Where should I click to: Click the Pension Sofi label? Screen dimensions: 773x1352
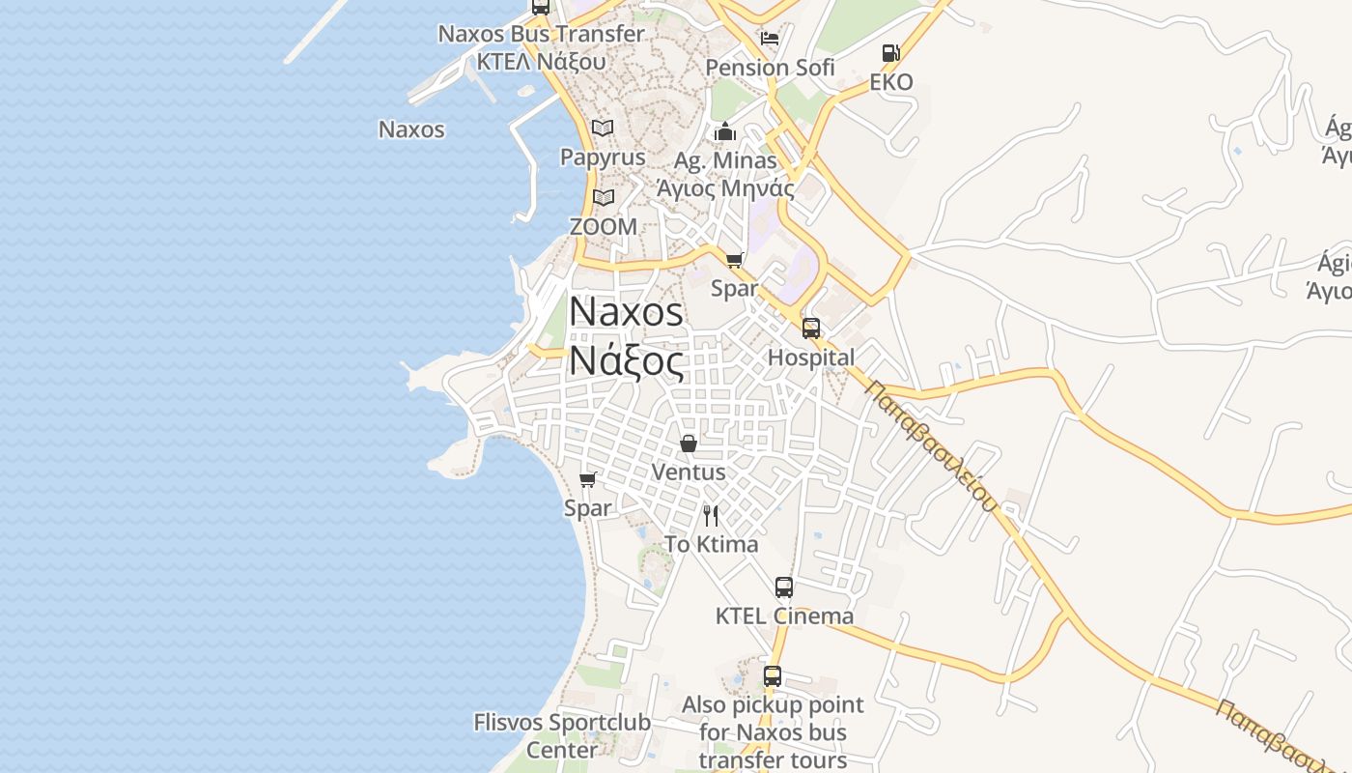[x=770, y=68]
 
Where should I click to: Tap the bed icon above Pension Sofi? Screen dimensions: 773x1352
[x=770, y=39]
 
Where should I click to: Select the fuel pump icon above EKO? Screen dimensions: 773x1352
[x=890, y=53]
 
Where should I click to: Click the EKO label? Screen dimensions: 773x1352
[x=890, y=82]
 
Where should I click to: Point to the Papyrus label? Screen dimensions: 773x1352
[x=603, y=157]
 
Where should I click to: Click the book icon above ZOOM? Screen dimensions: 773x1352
[x=604, y=197]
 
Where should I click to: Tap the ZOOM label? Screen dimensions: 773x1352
[x=604, y=227]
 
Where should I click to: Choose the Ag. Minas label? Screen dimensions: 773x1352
[x=725, y=160]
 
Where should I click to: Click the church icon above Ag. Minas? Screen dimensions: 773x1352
[x=725, y=131]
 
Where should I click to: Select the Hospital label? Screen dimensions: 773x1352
[x=811, y=358]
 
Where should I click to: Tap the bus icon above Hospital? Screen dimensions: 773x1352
[x=811, y=328]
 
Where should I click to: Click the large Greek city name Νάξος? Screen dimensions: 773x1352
[x=626, y=360]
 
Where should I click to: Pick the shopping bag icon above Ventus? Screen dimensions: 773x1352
[x=689, y=444]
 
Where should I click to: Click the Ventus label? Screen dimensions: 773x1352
[x=689, y=472]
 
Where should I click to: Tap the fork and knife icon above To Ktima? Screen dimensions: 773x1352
[x=711, y=515]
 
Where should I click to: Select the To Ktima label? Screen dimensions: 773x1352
[x=712, y=545]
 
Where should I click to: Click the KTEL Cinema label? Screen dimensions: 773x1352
[x=784, y=616]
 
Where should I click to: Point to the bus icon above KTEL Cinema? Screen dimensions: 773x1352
[x=784, y=587]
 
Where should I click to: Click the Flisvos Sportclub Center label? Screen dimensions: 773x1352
[x=562, y=735]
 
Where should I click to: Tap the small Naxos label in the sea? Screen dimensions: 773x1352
[x=411, y=129]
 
